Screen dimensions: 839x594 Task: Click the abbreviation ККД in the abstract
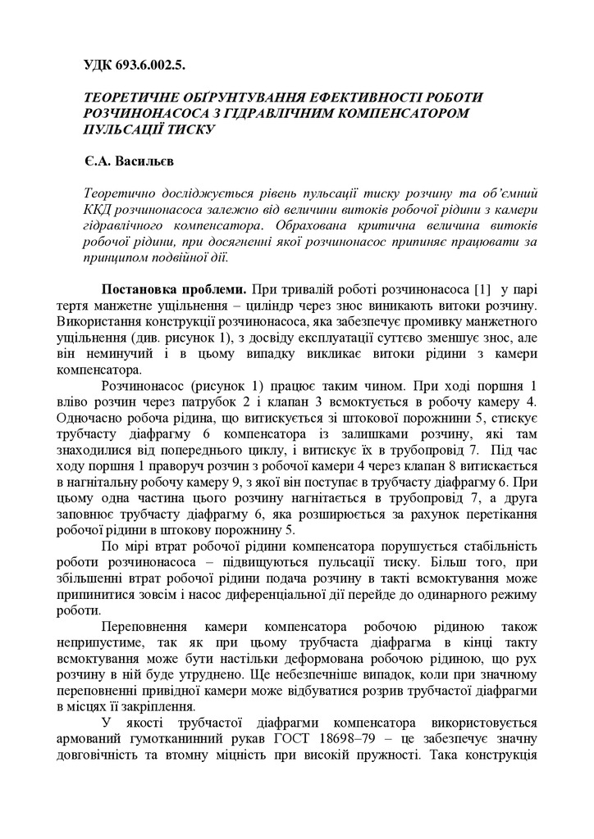coord(98,210)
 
